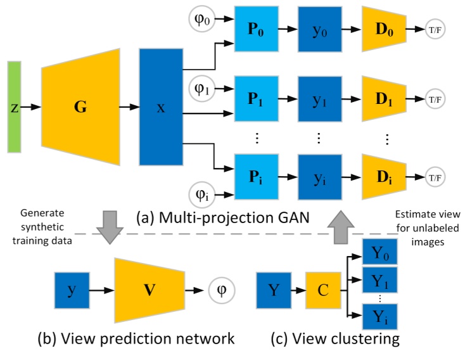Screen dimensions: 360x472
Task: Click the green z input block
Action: click(14, 107)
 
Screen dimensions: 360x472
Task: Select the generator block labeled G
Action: click(80, 107)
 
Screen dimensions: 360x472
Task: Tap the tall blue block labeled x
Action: click(160, 107)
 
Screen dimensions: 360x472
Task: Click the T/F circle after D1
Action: click(436, 101)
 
